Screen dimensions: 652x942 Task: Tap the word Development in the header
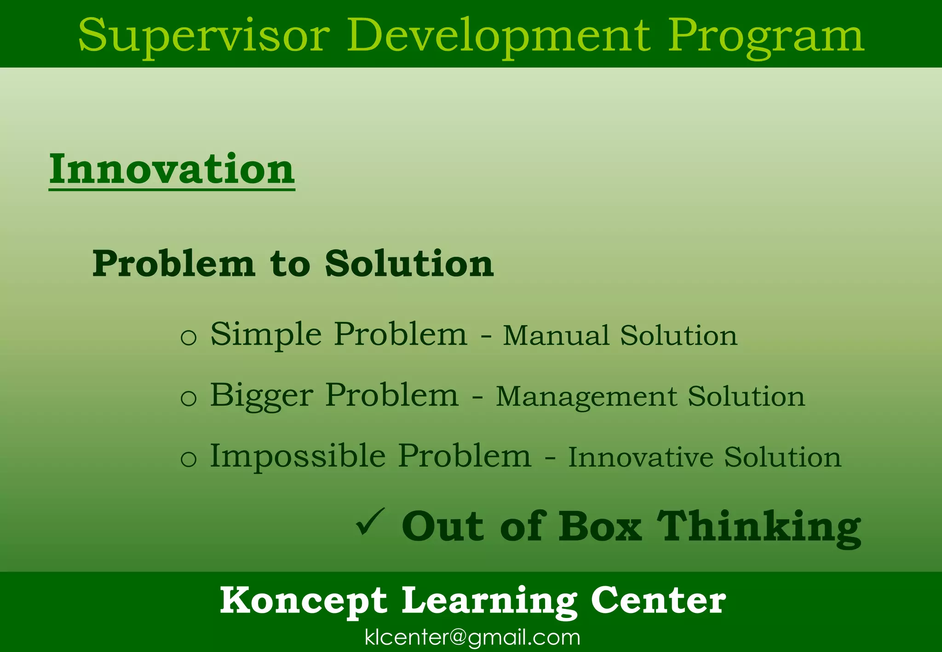coord(499,36)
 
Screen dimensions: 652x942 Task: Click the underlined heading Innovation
coord(172,169)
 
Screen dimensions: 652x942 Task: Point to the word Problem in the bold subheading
coord(173,264)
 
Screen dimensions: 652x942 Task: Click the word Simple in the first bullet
coord(266,335)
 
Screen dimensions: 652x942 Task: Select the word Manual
coord(556,335)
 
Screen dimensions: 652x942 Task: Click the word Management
coord(586,397)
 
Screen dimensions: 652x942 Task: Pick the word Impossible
coord(298,456)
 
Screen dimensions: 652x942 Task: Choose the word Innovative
coord(640,457)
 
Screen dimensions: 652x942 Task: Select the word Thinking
coord(759,527)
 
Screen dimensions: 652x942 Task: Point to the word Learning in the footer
coord(489,601)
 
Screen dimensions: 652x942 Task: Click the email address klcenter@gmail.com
coord(472,637)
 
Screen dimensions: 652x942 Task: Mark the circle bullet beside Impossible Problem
coord(189,459)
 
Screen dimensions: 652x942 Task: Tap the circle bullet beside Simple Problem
coord(189,337)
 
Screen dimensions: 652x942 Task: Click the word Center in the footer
coord(658,601)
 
